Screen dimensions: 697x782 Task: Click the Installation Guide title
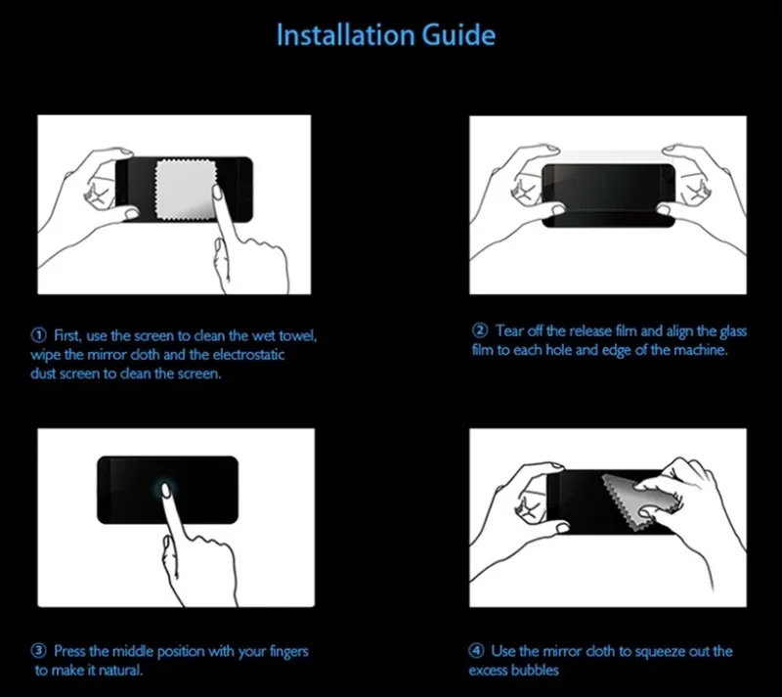click(385, 35)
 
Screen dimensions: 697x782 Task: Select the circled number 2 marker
click(480, 330)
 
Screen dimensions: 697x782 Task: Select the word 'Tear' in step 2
click(510, 330)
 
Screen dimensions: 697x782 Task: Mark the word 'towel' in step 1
click(296, 336)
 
